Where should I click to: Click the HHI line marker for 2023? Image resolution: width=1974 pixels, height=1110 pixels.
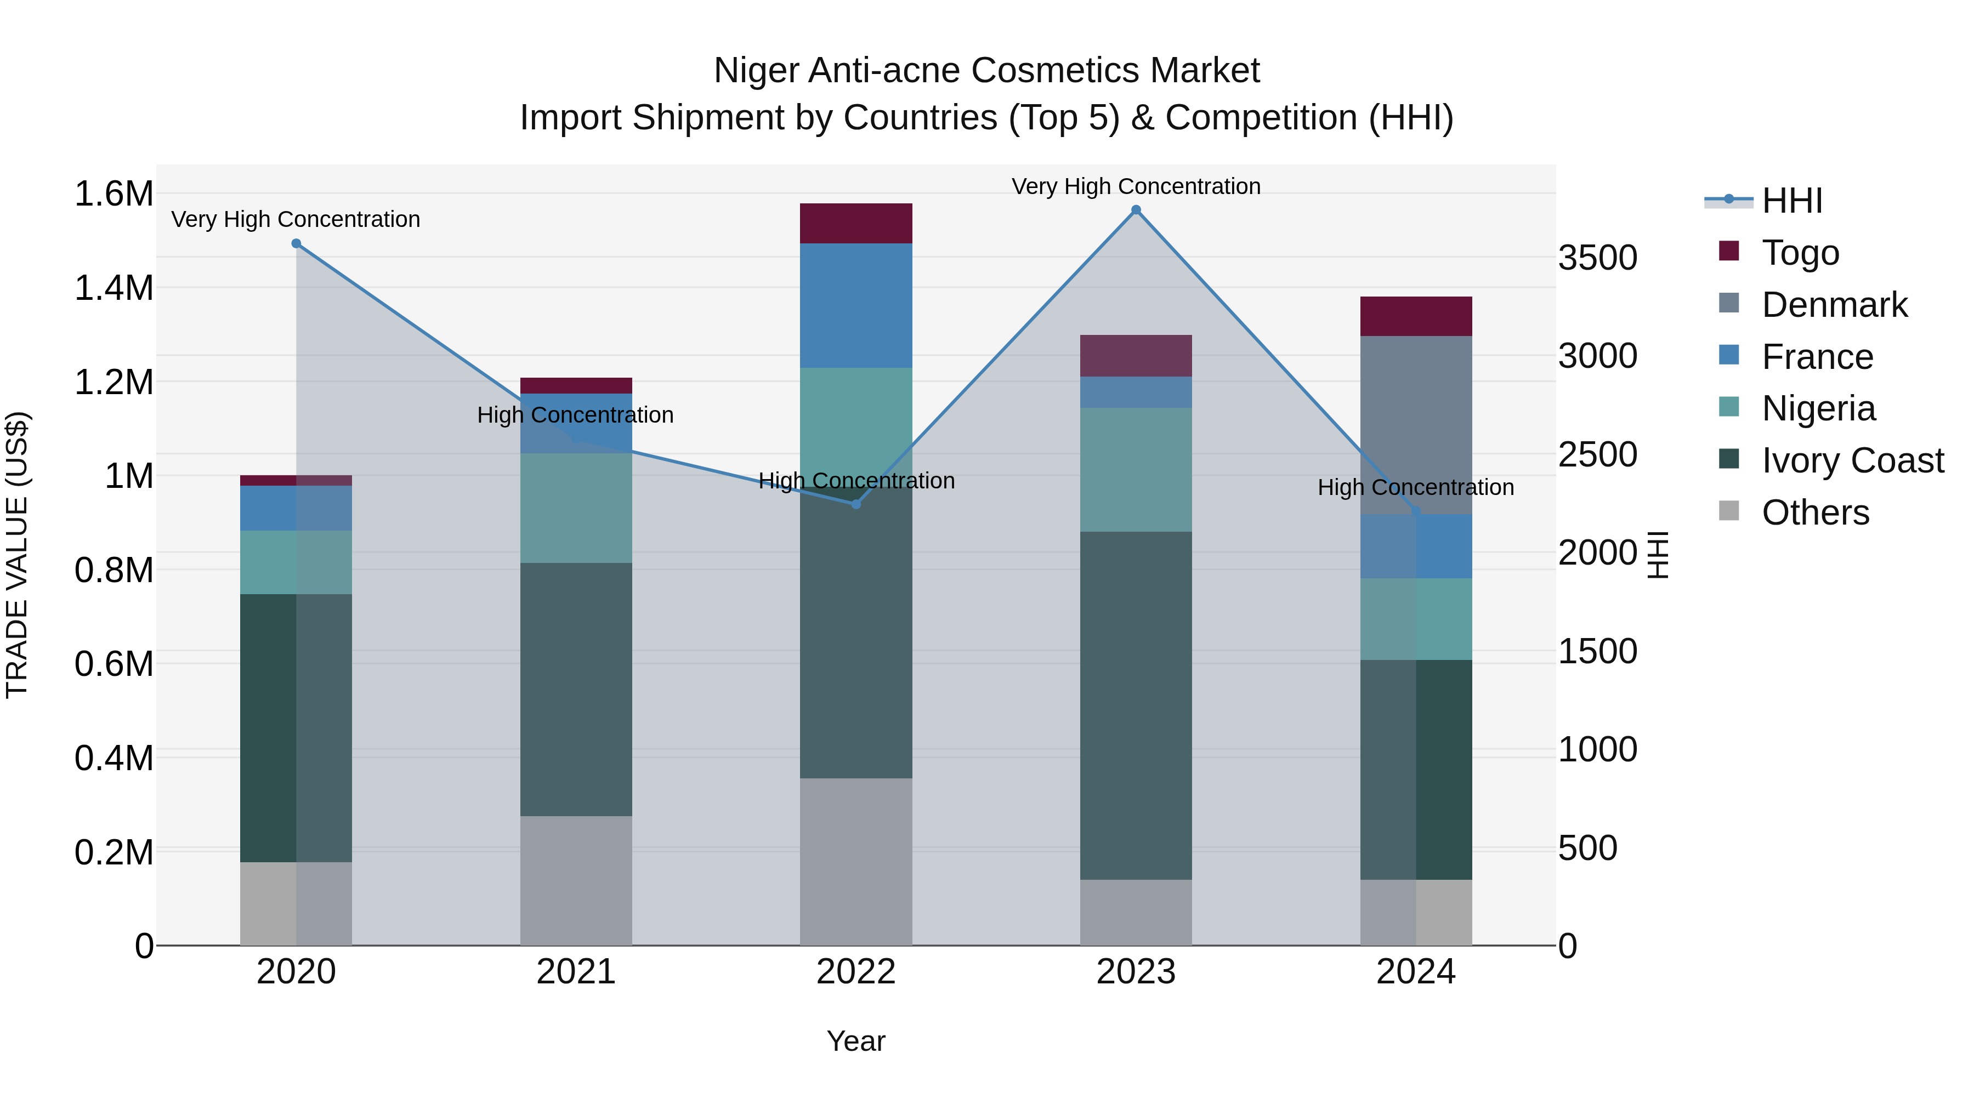click(1136, 210)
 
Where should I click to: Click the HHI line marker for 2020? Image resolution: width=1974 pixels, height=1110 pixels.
click(297, 243)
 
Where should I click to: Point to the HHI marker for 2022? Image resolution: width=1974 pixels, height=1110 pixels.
click(856, 504)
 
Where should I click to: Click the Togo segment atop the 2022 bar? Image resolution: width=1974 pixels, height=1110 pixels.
click(856, 223)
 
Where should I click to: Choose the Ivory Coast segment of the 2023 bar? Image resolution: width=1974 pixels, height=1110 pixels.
click(1136, 705)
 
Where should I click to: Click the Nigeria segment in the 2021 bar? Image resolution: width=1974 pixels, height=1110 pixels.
click(576, 508)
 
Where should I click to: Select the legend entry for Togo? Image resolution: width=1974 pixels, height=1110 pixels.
click(1799, 253)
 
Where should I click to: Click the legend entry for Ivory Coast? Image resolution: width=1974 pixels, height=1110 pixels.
click(1851, 460)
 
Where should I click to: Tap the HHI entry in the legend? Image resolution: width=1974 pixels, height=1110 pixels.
click(1791, 201)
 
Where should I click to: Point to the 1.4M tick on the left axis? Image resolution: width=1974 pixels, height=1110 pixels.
click(114, 288)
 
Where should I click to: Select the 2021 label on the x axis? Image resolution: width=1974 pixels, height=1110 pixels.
click(576, 972)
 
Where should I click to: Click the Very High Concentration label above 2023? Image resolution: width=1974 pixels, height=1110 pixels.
click(1136, 186)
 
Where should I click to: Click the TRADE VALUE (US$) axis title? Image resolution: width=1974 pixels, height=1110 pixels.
click(17, 555)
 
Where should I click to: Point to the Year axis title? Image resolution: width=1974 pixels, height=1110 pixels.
click(856, 1041)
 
